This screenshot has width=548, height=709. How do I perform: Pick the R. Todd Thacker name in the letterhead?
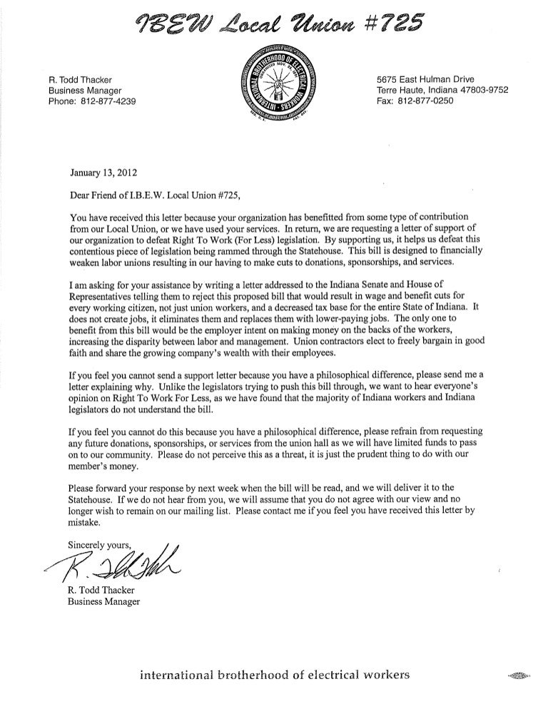pyautogui.click(x=83, y=78)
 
